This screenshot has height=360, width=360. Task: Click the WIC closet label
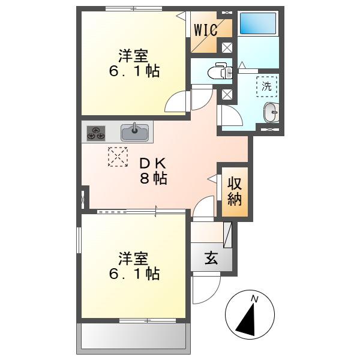206,29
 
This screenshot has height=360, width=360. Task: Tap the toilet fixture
220,71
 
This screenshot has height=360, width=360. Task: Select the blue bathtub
258,23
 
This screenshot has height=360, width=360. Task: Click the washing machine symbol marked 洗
266,86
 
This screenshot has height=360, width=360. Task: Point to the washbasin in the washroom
271,112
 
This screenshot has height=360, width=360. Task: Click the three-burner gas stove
96,133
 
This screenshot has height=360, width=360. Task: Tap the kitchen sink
134,133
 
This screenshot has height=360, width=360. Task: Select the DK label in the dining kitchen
153,163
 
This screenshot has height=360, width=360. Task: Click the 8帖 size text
154,178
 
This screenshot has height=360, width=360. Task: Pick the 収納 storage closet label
235,191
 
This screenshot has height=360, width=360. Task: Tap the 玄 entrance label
211,258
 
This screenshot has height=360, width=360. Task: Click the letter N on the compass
254,299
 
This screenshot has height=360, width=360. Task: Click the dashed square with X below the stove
118,157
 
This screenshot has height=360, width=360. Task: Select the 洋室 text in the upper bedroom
133,56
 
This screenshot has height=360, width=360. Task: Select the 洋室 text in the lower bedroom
133,259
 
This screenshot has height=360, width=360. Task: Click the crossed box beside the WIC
227,48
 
